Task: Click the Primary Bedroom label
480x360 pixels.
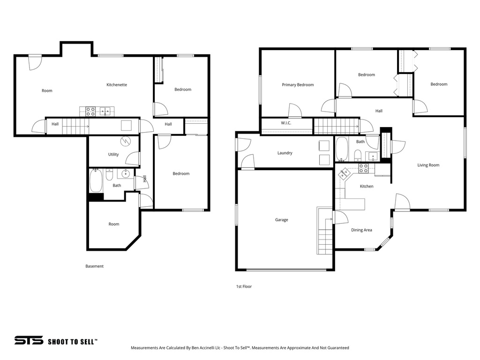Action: [298, 85]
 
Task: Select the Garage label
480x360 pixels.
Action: [281, 220]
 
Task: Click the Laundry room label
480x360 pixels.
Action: [285, 153]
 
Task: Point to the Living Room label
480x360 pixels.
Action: [428, 165]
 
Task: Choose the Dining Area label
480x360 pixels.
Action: [361, 230]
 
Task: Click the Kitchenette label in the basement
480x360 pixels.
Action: [117, 85]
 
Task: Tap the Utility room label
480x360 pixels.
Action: [113, 154]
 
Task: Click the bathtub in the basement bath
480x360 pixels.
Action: [96, 181]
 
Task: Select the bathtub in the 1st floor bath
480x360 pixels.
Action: [342, 149]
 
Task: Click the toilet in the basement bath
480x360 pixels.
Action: [109, 175]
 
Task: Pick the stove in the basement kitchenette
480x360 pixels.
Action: [90, 112]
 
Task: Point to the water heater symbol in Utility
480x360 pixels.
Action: [126, 141]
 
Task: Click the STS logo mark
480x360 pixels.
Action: [29, 340]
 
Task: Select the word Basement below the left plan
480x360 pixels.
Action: [94, 266]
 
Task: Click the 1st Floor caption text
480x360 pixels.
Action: [244, 286]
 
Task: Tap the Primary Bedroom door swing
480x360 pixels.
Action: [295, 111]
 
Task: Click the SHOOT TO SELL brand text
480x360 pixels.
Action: [73, 342]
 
